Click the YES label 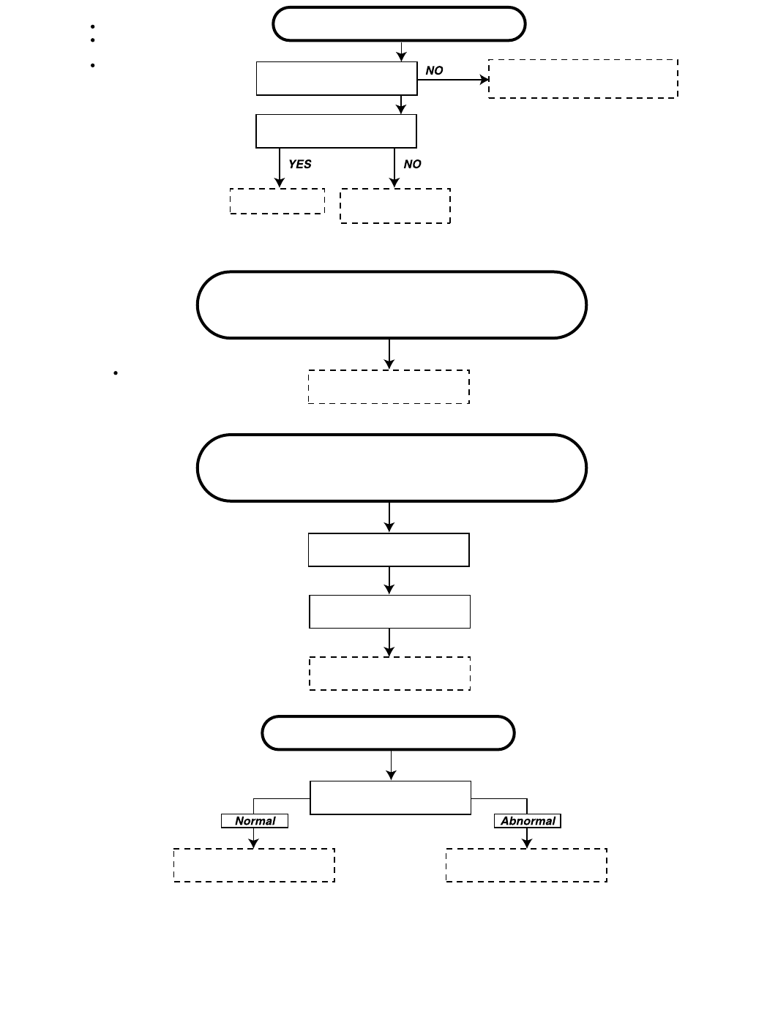pyautogui.click(x=299, y=165)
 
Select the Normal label pyautogui.click(x=255, y=821)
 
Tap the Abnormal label pyautogui.click(x=528, y=821)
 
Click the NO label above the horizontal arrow pyautogui.click(x=434, y=71)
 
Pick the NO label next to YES pyautogui.click(x=412, y=165)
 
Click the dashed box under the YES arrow pyautogui.click(x=277, y=201)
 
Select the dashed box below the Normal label pyautogui.click(x=254, y=865)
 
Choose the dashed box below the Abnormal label pyautogui.click(x=526, y=865)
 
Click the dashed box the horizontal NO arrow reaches pyautogui.click(x=583, y=79)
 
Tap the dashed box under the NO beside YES pyautogui.click(x=395, y=206)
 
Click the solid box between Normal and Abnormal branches pyautogui.click(x=390, y=798)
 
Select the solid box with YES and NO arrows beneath pyautogui.click(x=336, y=131)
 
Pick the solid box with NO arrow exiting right pyautogui.click(x=337, y=78)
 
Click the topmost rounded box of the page pyautogui.click(x=399, y=24)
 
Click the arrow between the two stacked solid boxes pyautogui.click(x=389, y=580)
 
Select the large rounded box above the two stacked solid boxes pyautogui.click(x=392, y=468)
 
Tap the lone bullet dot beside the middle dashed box pyautogui.click(x=116, y=373)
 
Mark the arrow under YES pyautogui.click(x=280, y=168)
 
